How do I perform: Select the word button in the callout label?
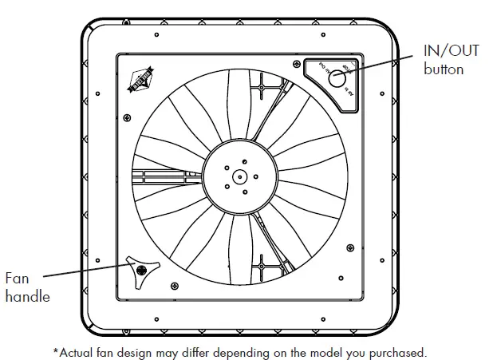(444, 69)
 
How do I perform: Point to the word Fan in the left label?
(18, 279)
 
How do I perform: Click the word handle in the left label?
(27, 297)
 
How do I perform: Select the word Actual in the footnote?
(77, 351)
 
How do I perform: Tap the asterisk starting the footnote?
(56, 350)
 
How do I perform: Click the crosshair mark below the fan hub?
(262, 266)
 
